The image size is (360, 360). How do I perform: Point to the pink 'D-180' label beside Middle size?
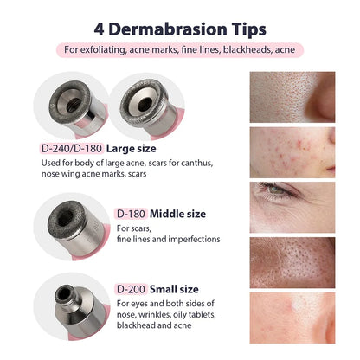pos(131,213)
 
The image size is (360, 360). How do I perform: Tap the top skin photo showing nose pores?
pos(292,96)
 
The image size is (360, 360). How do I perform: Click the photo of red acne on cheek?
pos(292,152)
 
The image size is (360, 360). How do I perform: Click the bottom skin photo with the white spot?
pos(292,318)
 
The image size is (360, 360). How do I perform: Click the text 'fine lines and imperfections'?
pos(168,239)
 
